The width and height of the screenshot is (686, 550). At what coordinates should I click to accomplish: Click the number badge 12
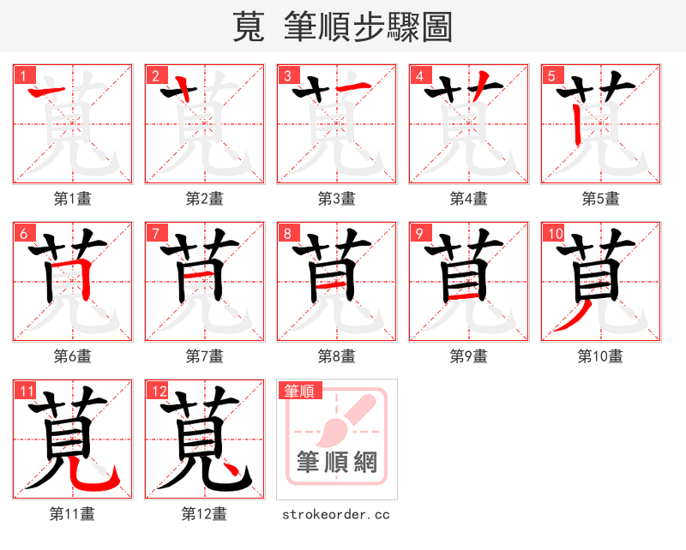pyautogui.click(x=156, y=392)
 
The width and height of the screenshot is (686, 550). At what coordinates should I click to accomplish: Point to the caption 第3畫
pyautogui.click(x=336, y=199)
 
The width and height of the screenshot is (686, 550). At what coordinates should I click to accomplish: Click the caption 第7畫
pyautogui.click(x=204, y=356)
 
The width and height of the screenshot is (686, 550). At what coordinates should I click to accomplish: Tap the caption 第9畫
pyautogui.click(x=468, y=356)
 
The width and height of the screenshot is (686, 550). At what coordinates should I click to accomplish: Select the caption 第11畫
pyautogui.click(x=72, y=514)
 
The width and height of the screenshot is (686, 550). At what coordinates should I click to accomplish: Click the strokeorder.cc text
pyautogui.click(x=336, y=514)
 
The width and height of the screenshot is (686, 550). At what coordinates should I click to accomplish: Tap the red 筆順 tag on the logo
pyautogui.click(x=300, y=392)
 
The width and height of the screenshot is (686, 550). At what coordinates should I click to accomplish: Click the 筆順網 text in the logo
pyautogui.click(x=336, y=463)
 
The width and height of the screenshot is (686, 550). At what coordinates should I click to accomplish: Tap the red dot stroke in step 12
pyautogui.click(x=228, y=467)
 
